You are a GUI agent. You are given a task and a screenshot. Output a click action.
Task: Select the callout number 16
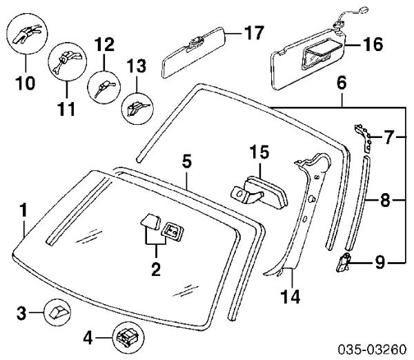coord(373,46)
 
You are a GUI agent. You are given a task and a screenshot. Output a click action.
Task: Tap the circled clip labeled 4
coord(126,338)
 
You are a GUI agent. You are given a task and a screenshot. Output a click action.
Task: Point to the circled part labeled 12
coord(103,88)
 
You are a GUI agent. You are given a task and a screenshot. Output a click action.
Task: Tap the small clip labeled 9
coord(345,261)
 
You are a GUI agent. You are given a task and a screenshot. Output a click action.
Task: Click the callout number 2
coord(156,268)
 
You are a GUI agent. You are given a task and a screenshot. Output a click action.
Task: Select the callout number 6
coord(342,83)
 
